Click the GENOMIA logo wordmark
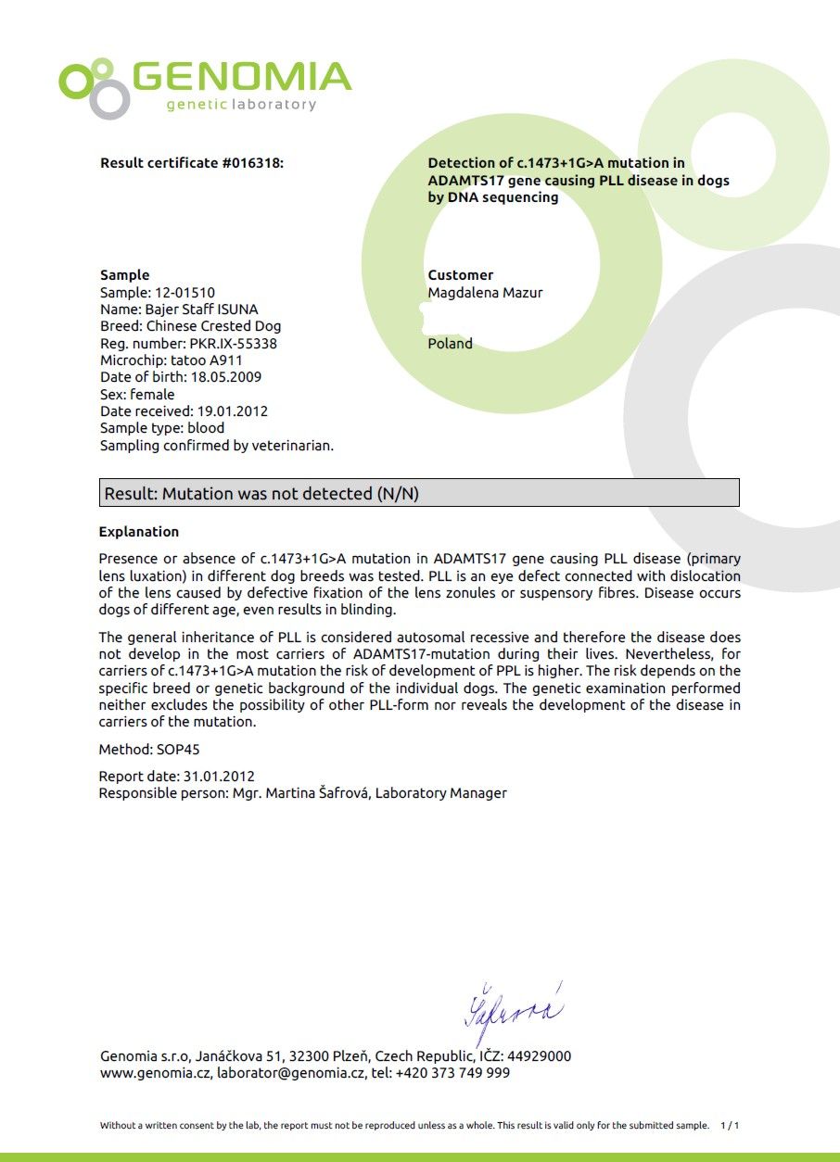[241, 76]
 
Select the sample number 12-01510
[185, 293]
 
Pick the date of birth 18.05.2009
[225, 377]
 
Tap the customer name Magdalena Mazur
[485, 293]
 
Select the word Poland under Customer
[450, 344]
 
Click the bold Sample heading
[124, 275]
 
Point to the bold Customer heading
[460, 275]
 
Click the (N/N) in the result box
[398, 494]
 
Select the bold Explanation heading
[138, 532]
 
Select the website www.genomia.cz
[155, 1073]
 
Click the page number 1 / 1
[729, 1125]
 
